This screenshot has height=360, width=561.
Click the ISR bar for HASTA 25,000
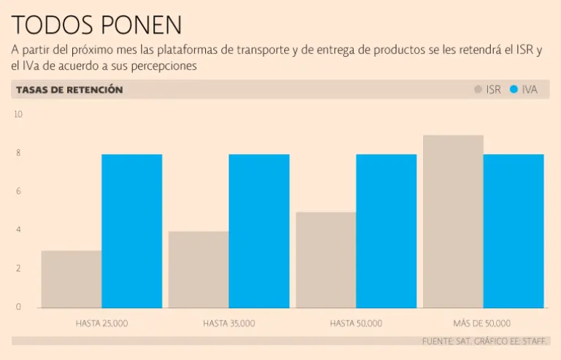click(72, 279)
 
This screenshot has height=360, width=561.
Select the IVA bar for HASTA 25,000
click(131, 231)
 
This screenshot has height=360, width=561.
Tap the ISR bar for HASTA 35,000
click(199, 269)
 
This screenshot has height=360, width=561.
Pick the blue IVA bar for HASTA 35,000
click(259, 231)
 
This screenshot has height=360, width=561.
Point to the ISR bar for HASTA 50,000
click(326, 260)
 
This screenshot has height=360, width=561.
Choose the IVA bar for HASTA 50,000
click(386, 231)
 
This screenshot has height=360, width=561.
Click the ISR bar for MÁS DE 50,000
click(453, 221)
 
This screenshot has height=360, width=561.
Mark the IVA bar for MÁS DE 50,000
click(514, 231)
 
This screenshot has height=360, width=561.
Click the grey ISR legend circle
click(478, 90)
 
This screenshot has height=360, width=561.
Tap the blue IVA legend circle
click(514, 90)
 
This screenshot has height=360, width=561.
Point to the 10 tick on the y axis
click(18, 115)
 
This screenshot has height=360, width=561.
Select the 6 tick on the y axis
click(18, 191)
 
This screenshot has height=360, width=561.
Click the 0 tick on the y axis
click(18, 307)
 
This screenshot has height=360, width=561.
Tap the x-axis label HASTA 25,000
click(102, 323)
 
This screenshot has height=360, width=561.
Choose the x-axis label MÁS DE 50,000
click(481, 323)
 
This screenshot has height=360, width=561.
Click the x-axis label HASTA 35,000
click(229, 323)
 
